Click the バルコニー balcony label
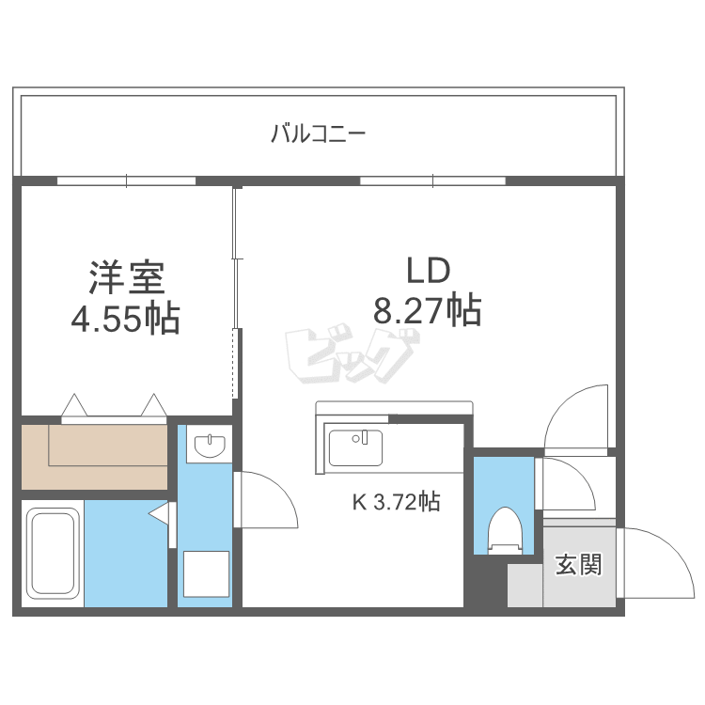(x=318, y=133)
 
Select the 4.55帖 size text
(x=126, y=320)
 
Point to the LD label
(x=429, y=271)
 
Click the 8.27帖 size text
(x=428, y=309)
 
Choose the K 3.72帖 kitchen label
(x=396, y=502)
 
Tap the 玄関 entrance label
(x=577, y=565)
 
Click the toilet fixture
(x=505, y=529)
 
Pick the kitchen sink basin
(x=355, y=446)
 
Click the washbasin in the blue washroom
(x=208, y=444)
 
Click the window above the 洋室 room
(x=126, y=180)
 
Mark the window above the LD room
(x=432, y=180)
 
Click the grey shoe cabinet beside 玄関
(x=525, y=586)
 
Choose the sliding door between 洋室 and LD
(x=237, y=291)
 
